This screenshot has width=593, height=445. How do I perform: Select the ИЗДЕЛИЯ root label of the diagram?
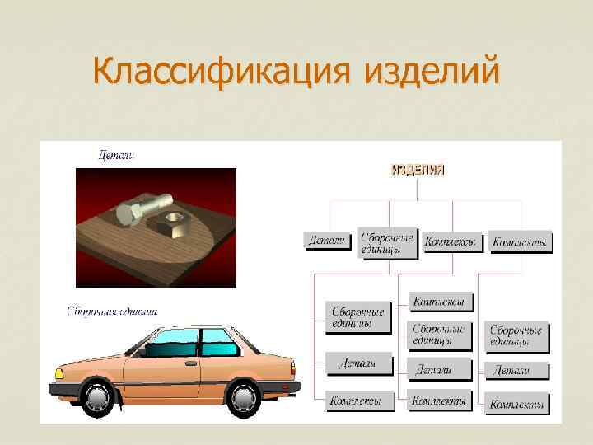[x=417, y=170]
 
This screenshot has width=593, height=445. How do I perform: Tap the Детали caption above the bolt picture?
[x=116, y=154]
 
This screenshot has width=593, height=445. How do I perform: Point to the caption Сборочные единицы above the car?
[x=112, y=311]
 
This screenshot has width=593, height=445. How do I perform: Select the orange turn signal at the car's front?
[x=58, y=374]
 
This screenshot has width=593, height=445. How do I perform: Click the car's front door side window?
[x=170, y=342]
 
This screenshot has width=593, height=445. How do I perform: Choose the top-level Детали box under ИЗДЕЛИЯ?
[x=325, y=241]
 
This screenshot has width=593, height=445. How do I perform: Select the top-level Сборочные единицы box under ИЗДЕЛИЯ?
[x=387, y=242]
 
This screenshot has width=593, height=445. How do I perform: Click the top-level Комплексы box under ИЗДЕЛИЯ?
[x=450, y=242]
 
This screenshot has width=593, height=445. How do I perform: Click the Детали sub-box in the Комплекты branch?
[x=516, y=370]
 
